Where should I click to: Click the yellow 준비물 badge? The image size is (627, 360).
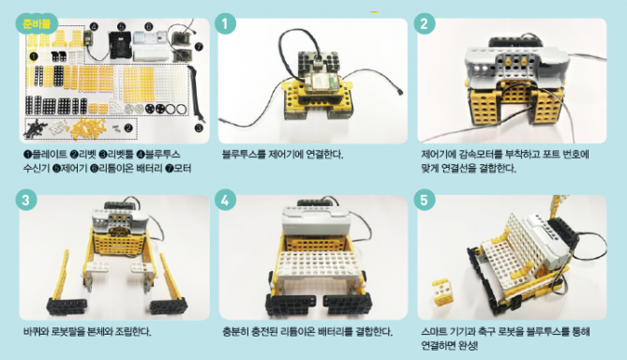coord(37,24)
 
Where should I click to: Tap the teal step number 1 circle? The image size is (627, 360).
coord(225,23)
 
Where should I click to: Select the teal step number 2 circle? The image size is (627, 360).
coord(425,23)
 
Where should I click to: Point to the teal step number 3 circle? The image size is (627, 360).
coord(26,200)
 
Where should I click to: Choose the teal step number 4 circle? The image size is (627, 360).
coord(225,200)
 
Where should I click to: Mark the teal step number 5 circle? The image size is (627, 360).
coord(425,200)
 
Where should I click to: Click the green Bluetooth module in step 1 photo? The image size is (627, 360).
coord(322,82)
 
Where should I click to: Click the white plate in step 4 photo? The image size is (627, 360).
coord(319,264)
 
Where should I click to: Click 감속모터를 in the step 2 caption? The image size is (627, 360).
coord(480,155)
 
